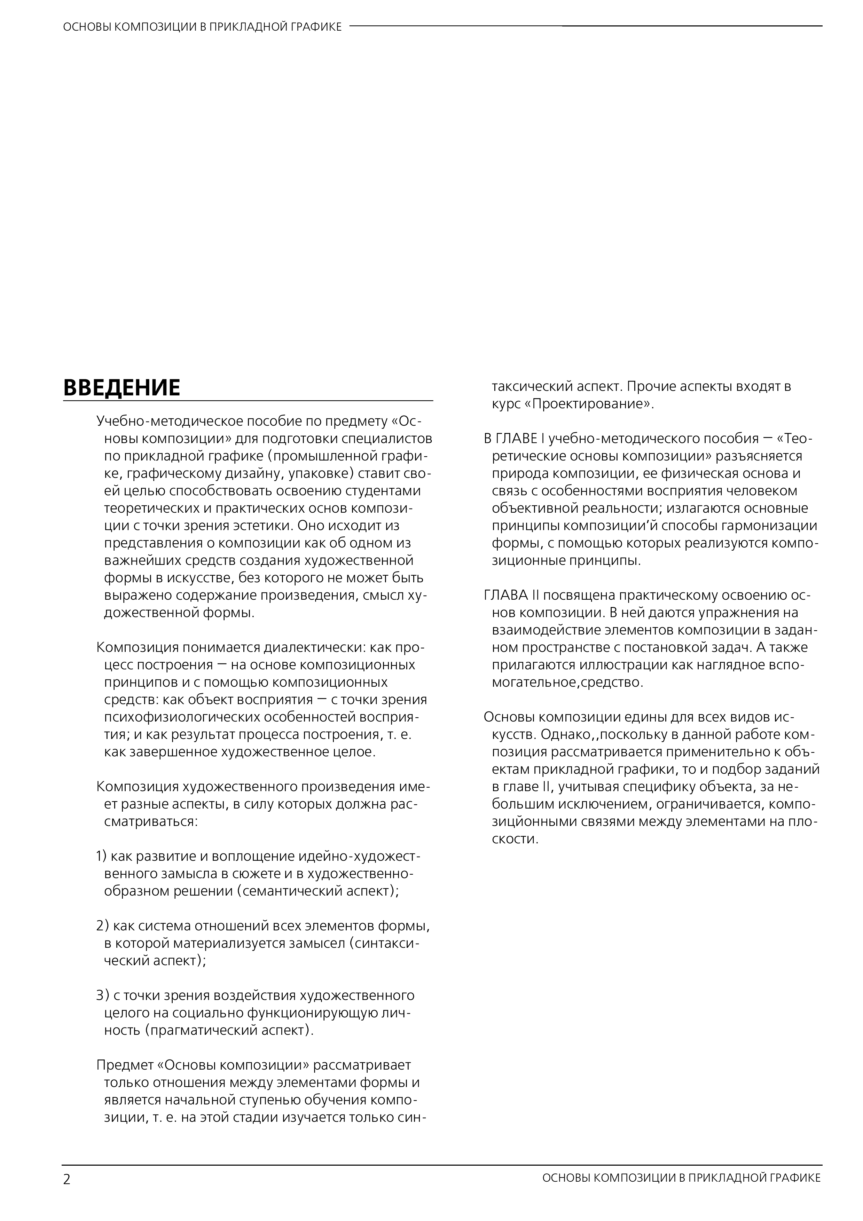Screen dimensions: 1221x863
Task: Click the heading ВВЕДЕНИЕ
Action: click(122, 388)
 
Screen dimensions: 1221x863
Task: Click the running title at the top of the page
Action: click(202, 26)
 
